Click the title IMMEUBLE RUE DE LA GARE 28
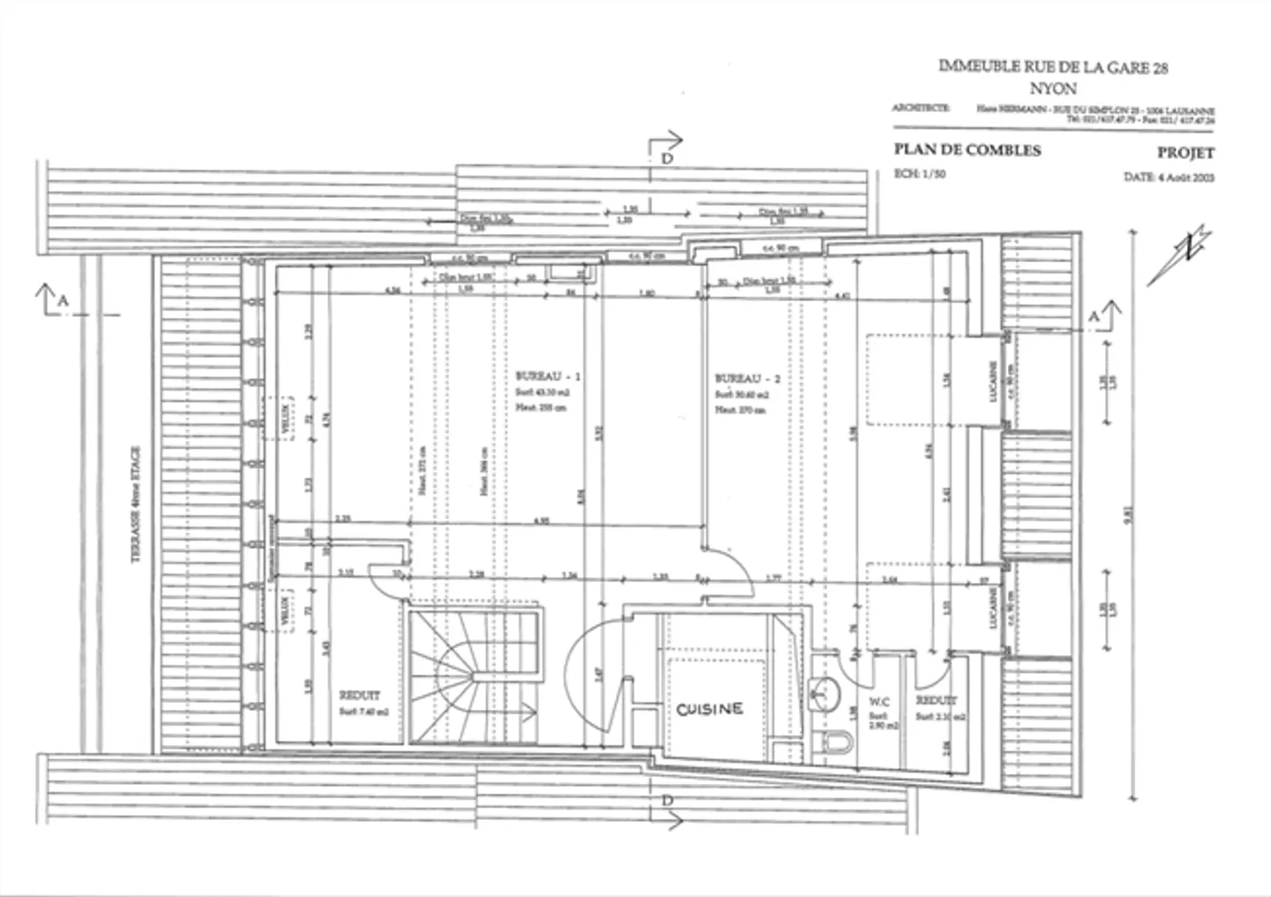point(1053,67)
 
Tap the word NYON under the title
point(1053,89)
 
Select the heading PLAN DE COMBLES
point(966,150)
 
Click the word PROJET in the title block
point(1185,153)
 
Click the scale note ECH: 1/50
point(920,174)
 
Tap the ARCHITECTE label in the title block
point(921,109)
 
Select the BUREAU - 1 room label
point(548,376)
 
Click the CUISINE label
point(710,709)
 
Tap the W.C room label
point(881,702)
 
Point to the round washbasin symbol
point(824,693)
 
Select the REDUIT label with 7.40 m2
point(359,696)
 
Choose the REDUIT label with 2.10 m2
point(936,700)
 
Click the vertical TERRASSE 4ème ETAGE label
point(137,502)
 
